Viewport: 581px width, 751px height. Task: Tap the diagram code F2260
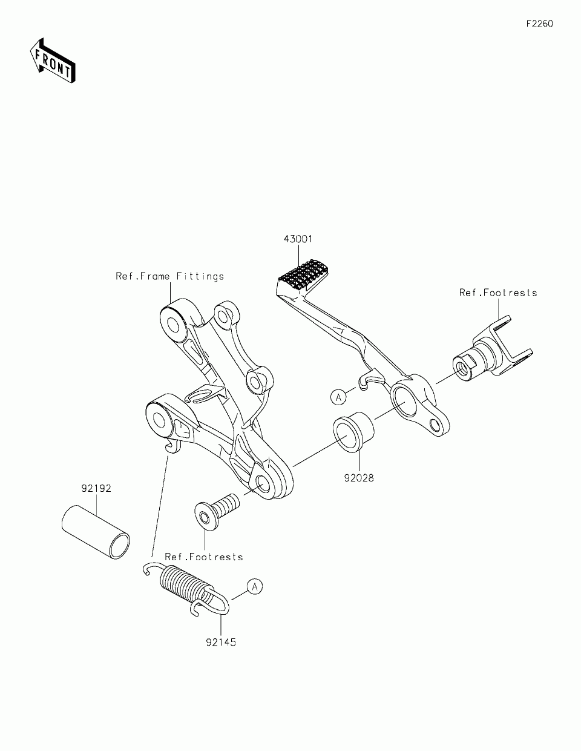tap(539, 24)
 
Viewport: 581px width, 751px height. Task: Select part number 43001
tap(298, 239)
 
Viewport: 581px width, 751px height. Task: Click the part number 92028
tap(359, 478)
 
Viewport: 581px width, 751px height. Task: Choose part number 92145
tap(220, 642)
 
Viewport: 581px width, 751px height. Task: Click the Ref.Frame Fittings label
tap(170, 276)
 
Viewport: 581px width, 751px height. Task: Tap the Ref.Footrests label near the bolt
tap(204, 557)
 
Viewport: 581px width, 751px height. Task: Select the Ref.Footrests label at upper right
tap(498, 293)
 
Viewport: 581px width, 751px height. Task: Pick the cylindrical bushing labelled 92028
tap(353, 431)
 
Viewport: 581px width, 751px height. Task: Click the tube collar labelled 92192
tap(96, 528)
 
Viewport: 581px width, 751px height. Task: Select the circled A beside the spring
tap(255, 586)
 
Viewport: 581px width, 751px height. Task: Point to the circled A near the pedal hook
tap(338, 397)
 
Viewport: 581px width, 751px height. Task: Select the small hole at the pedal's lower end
tap(434, 423)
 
